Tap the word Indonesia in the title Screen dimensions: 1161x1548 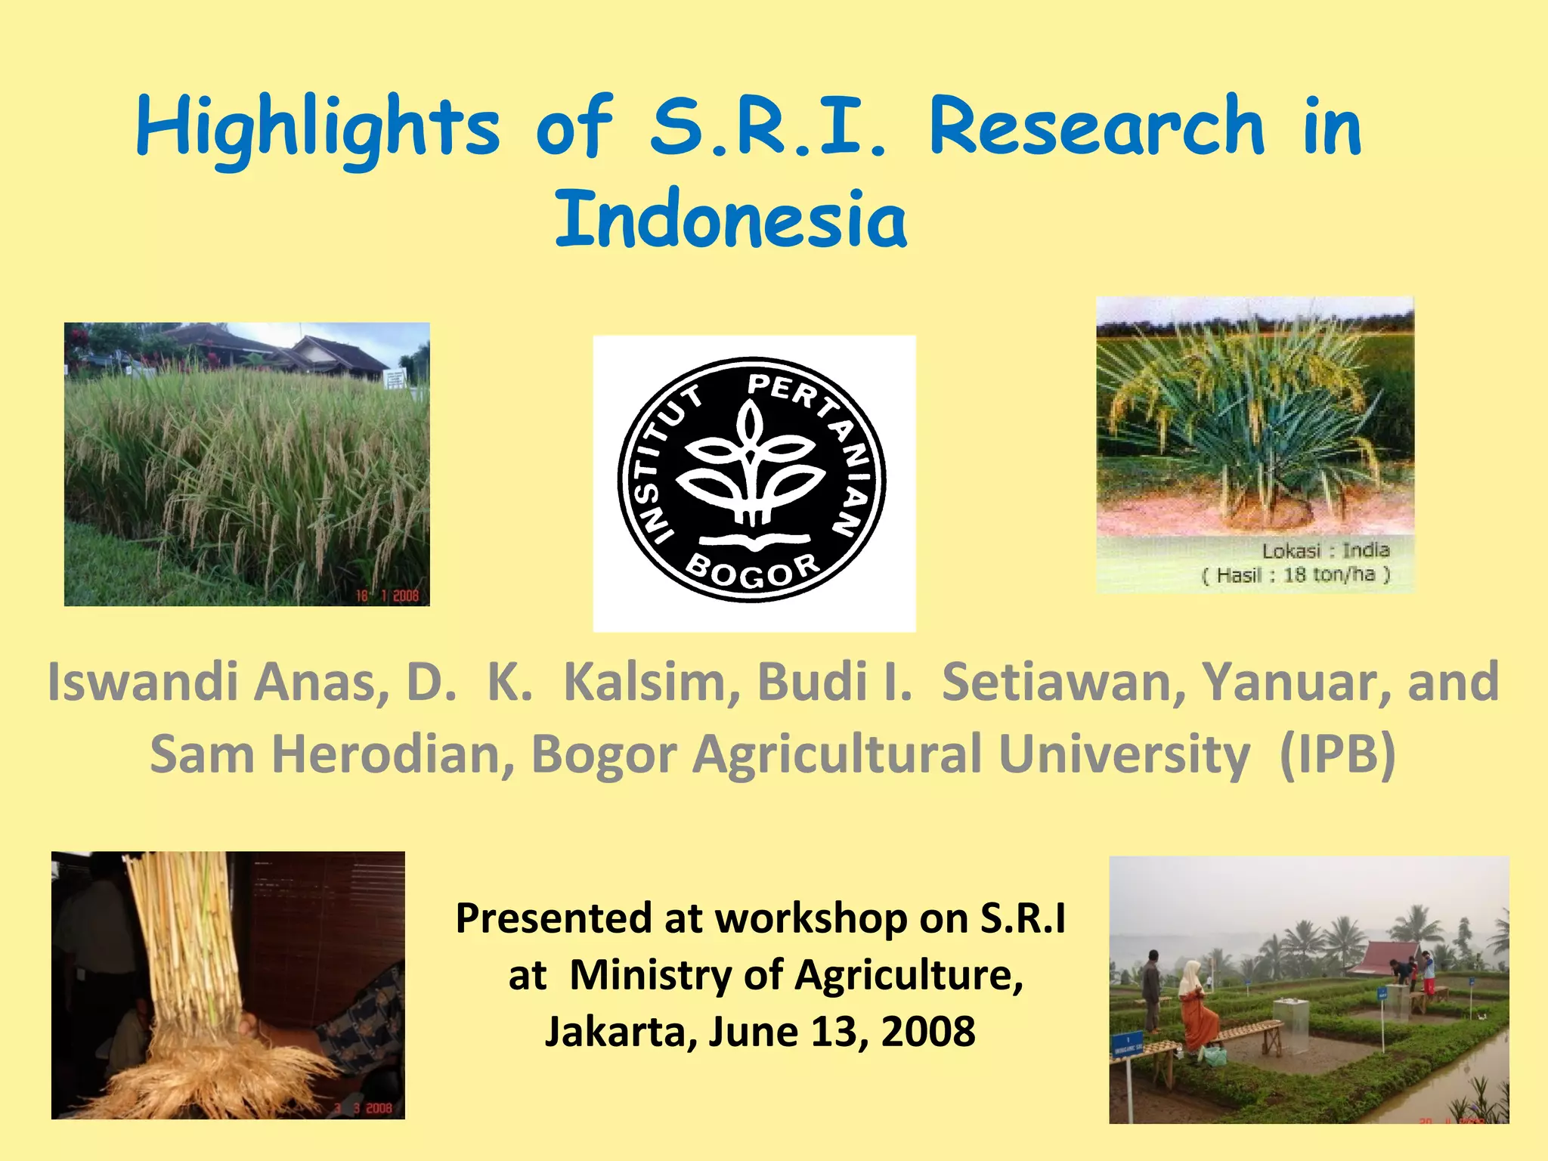[x=731, y=219]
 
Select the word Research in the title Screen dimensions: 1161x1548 [x=1096, y=127]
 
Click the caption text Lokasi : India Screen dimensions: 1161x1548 [x=1326, y=550]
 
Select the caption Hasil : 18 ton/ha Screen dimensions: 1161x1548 [x=1296, y=575]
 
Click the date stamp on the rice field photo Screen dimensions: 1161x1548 [x=387, y=596]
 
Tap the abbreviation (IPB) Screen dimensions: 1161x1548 [x=1337, y=754]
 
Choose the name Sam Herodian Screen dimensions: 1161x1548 [x=331, y=754]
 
